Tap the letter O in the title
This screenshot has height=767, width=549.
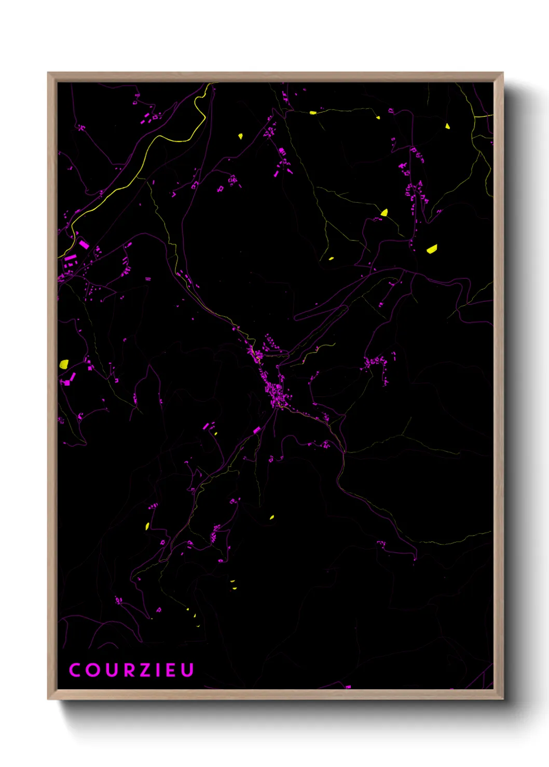coord(92,670)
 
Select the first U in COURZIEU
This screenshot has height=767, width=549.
coord(111,670)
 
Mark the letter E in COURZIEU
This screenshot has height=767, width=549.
coord(170,670)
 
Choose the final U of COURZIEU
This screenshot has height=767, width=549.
coord(187,670)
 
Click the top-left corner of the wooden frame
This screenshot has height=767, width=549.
coord(48,73)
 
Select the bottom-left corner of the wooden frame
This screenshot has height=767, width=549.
coord(48,699)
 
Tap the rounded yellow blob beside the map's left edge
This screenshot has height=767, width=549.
coord(64,364)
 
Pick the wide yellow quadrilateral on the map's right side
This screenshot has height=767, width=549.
coord(432,249)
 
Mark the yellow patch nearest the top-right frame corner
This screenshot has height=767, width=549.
coord(447,126)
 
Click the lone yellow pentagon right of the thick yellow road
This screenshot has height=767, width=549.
coord(240,136)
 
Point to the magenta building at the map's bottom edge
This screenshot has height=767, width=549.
coord(348,687)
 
